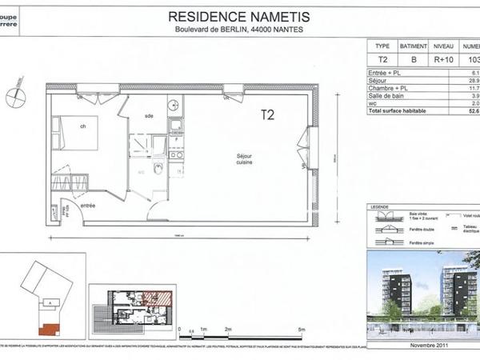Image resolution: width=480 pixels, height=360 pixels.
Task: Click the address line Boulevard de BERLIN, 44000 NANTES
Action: (x=240, y=30)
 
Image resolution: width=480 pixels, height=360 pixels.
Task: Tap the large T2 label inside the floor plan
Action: (x=268, y=115)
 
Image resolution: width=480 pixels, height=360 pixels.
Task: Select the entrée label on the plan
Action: (x=88, y=206)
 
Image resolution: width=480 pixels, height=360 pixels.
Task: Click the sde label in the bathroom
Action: (x=149, y=116)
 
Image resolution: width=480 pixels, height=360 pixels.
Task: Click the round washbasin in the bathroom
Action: (x=173, y=104)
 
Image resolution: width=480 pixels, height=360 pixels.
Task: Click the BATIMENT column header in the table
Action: (x=414, y=46)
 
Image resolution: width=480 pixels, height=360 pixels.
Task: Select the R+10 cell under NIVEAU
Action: (x=443, y=59)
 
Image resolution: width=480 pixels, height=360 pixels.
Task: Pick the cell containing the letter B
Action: (x=414, y=59)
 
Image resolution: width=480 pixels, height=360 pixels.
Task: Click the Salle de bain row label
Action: (x=389, y=95)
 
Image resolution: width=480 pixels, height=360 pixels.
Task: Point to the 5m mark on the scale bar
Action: (x=300, y=330)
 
